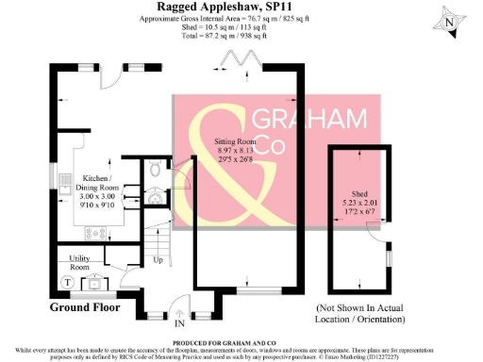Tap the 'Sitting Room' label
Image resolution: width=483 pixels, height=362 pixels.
[x=228, y=139]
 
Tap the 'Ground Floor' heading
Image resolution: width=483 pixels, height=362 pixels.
[x=87, y=306]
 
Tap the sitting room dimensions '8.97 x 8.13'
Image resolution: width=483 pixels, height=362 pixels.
[x=228, y=148]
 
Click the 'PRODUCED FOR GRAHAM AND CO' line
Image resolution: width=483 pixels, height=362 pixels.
[x=241, y=341]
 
